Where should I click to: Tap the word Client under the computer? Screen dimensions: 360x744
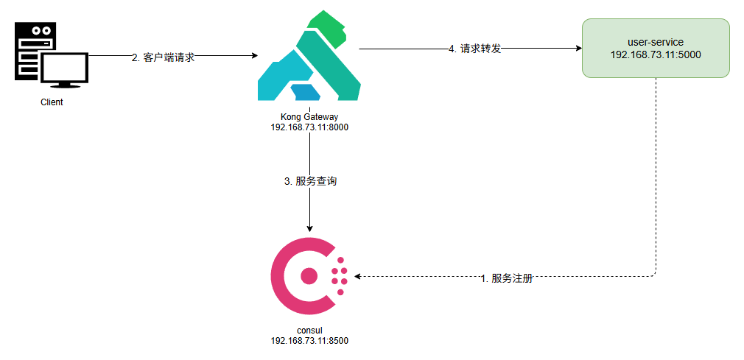pyautogui.click(x=52, y=102)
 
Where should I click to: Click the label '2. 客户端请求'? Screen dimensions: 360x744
pyautogui.click(x=163, y=57)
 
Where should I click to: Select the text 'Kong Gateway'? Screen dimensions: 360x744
pyautogui.click(x=309, y=116)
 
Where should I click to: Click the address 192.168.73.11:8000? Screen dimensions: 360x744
pyautogui.click(x=309, y=127)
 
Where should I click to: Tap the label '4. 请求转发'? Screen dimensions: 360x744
pyautogui.click(x=475, y=49)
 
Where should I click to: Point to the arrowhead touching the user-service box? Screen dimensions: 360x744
pyautogui.click(x=577, y=49)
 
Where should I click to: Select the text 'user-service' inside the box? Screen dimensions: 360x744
pyautogui.click(x=655, y=43)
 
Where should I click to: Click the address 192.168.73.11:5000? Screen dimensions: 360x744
pyautogui.click(x=655, y=54)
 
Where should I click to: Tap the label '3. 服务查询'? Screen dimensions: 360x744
pyautogui.click(x=310, y=181)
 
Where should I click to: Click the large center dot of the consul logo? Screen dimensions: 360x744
pyautogui.click(x=309, y=276)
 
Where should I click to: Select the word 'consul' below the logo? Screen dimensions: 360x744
pyautogui.click(x=309, y=330)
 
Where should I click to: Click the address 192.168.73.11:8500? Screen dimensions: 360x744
pyautogui.click(x=309, y=340)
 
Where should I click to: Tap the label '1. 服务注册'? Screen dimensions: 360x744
pyautogui.click(x=506, y=279)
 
